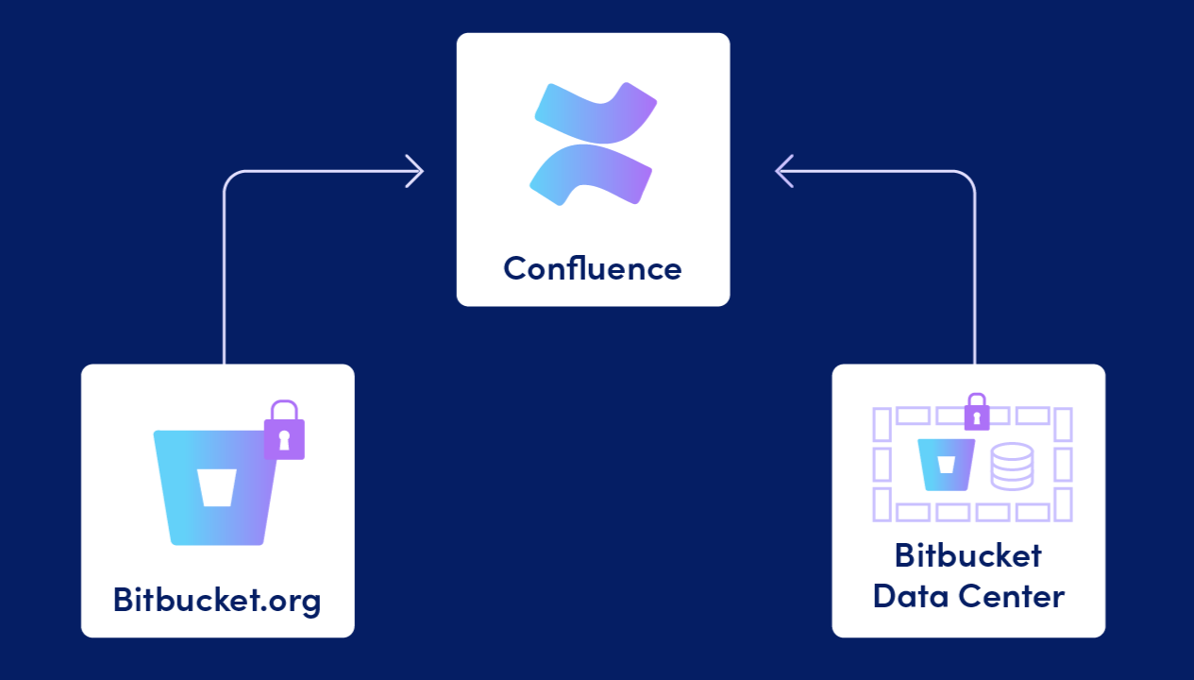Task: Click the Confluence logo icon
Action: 593,144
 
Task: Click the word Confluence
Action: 593,268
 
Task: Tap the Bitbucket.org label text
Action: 217,599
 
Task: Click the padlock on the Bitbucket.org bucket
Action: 284,432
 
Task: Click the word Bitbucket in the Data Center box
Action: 968,554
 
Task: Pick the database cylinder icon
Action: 1012,467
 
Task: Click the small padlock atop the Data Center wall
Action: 976,412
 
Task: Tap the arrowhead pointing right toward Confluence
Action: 414,171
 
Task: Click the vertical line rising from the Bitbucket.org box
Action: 225,283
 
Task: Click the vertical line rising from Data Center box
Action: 974,283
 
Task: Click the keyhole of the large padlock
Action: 284,437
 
